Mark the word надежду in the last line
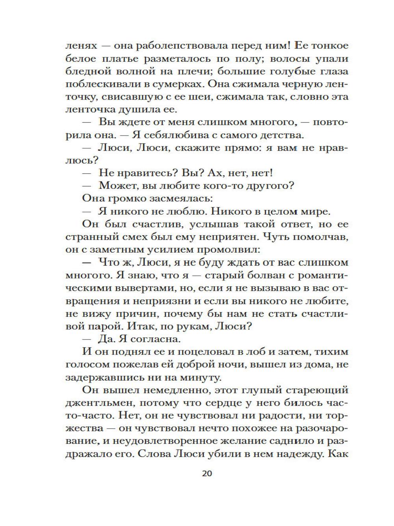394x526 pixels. [x=295, y=454]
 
